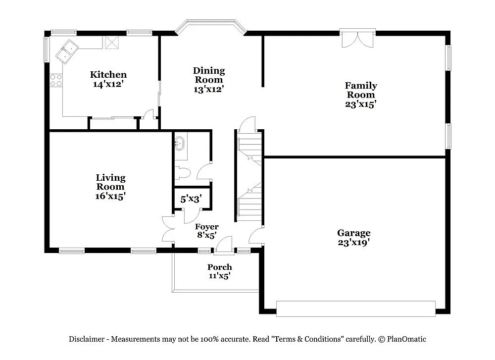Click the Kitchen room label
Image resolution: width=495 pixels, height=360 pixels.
[x=108, y=75]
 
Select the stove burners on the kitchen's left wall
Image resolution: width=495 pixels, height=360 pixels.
[x=56, y=80]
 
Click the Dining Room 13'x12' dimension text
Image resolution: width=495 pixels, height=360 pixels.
[x=208, y=90]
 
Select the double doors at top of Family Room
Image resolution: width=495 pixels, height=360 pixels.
[x=357, y=39]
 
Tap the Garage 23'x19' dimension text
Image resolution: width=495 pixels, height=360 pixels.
[x=353, y=243]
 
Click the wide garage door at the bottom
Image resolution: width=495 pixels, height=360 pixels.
[x=355, y=308]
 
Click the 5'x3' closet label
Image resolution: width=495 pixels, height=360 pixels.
[x=191, y=199]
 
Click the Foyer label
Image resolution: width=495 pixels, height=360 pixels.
[x=206, y=227]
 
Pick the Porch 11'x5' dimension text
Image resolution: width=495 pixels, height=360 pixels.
[x=219, y=276]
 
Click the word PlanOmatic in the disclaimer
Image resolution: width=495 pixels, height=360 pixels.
[x=407, y=339]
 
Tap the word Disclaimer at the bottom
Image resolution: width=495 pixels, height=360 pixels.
[x=86, y=339]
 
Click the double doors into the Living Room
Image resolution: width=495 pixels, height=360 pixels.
[x=168, y=229]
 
